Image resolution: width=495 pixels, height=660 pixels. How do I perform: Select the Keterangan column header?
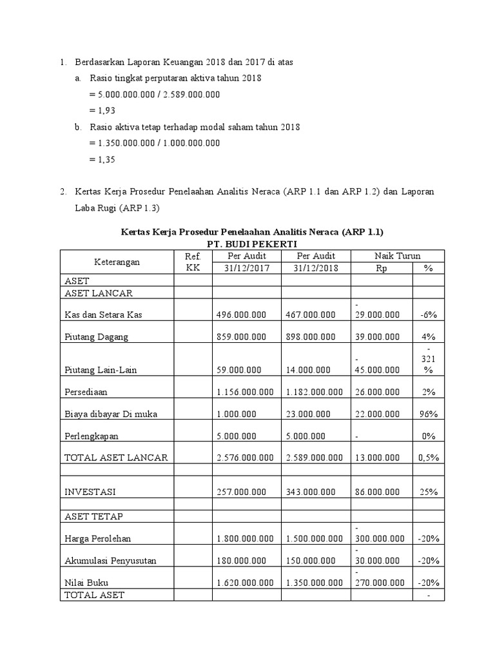(x=117, y=262)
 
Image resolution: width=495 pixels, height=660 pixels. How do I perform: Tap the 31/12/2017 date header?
(x=246, y=268)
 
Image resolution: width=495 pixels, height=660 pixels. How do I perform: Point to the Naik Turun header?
(x=398, y=256)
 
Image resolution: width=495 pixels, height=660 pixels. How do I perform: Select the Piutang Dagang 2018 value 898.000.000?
(x=310, y=336)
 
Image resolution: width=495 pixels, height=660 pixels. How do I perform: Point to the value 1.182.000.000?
(x=314, y=391)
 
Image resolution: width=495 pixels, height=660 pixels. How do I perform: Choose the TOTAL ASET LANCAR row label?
(x=116, y=458)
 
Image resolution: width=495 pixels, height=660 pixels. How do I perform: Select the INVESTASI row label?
(x=91, y=491)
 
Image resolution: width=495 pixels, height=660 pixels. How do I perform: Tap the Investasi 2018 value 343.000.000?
(x=310, y=491)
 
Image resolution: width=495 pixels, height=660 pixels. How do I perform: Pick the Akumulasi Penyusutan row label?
(x=110, y=561)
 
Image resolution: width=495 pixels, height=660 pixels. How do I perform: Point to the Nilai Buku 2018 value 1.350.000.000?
(x=314, y=583)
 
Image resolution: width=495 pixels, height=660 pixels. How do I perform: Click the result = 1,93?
(x=102, y=110)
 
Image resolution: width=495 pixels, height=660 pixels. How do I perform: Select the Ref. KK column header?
(x=193, y=262)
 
